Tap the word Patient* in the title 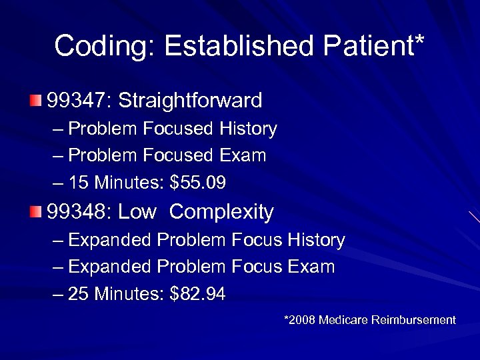coord(374,47)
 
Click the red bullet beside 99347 coord(35,101)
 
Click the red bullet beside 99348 coord(35,212)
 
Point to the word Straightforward coord(190,101)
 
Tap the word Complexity coord(221,212)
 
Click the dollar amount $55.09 coord(198,183)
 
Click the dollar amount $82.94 coord(198,294)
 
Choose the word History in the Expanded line coord(316,240)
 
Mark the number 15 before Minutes coord(78,183)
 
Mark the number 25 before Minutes coord(78,294)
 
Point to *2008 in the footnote coord(299,320)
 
